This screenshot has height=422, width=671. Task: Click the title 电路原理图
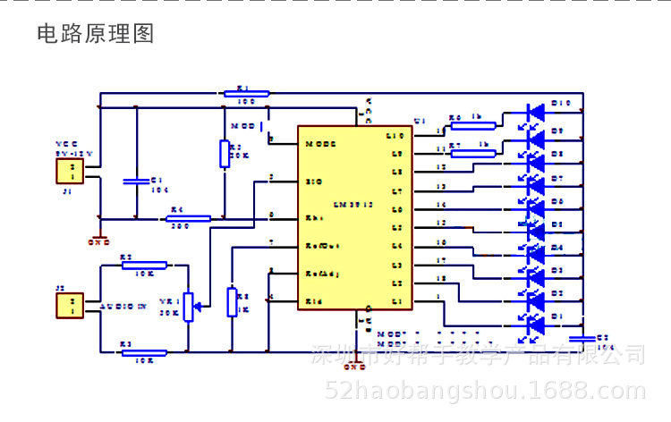[x=95, y=34]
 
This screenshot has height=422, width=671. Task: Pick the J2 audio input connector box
[x=70, y=306]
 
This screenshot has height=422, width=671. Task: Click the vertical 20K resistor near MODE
[x=224, y=153]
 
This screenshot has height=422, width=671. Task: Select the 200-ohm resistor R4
[x=189, y=218]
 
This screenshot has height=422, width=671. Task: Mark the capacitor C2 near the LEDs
[x=582, y=338]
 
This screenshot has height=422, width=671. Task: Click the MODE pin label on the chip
[x=320, y=143]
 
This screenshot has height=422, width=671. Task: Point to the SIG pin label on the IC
[x=313, y=181]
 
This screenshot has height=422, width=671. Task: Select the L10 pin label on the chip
[x=396, y=136]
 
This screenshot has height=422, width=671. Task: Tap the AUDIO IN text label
[x=123, y=306]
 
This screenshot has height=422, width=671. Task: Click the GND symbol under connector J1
[x=100, y=239]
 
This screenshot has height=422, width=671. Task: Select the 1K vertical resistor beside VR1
[x=232, y=302]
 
